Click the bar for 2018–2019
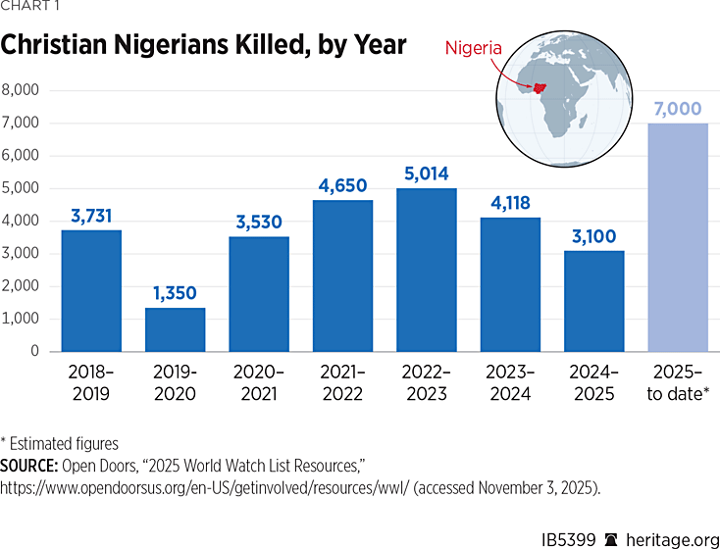(90, 290)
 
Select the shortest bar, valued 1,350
(175, 329)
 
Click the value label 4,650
(342, 184)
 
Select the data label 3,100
(594, 235)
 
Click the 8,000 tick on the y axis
(21, 90)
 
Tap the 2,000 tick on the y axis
(21, 286)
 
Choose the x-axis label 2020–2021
(259, 383)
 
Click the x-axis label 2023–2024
(510, 383)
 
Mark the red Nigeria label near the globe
(475, 47)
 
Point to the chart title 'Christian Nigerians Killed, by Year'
(204, 45)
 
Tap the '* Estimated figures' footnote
(60, 443)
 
